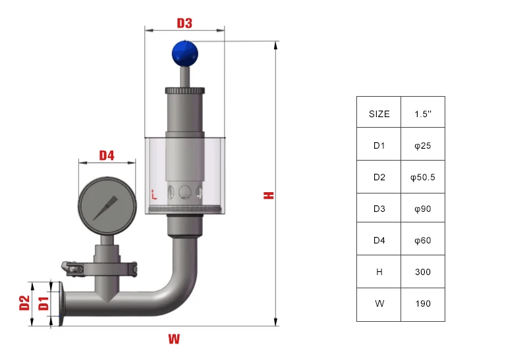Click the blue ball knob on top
point(184,53)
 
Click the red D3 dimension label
point(184,23)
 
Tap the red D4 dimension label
point(107,155)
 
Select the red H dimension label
point(268,195)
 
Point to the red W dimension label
point(174,340)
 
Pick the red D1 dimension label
point(43,303)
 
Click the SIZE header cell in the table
point(379,113)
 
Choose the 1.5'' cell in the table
point(423,113)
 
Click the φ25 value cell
point(423,145)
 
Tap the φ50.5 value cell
point(423,177)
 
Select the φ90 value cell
point(423,209)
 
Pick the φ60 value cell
point(423,240)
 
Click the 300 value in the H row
point(423,272)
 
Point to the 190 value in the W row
point(423,303)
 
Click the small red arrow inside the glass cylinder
point(153,194)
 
